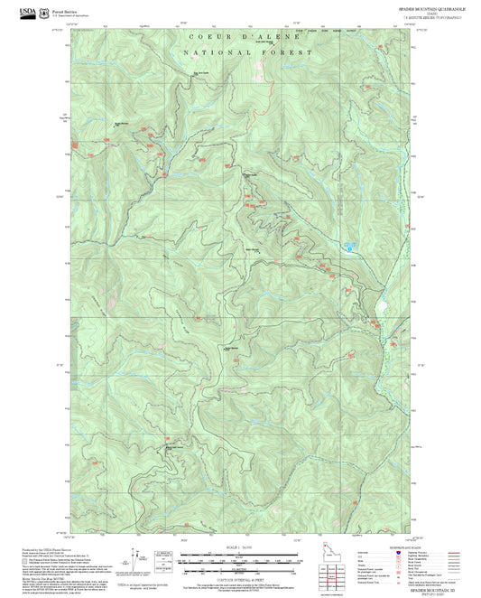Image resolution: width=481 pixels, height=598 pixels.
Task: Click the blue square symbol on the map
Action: coord(347,246)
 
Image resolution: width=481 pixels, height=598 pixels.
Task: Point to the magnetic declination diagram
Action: coord(137,561)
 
